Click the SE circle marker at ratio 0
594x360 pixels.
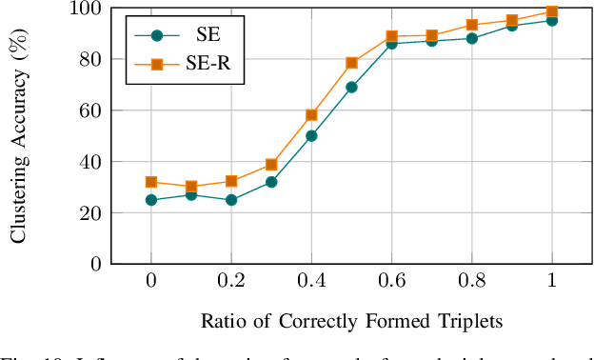151,200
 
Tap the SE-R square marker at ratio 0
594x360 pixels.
151,182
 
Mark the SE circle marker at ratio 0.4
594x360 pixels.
311,136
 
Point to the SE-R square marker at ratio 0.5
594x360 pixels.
351,63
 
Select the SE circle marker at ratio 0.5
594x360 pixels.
351,87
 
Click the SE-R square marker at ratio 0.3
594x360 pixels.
271,165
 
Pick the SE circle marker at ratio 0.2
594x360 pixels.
231,200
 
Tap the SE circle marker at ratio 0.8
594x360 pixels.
471,38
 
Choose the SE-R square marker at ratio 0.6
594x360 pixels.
391,36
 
